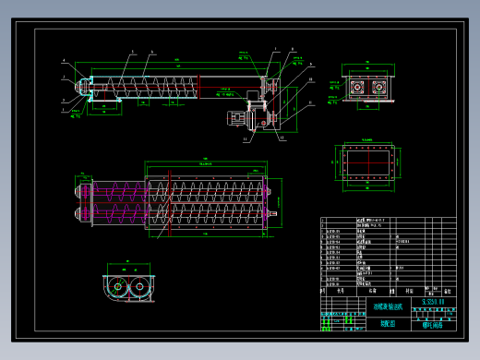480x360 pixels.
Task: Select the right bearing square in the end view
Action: (x=378, y=85)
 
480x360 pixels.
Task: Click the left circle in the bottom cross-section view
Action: (x=119, y=288)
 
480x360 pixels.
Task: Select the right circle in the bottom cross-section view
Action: (x=140, y=288)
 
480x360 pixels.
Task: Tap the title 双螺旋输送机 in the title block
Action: (x=387, y=306)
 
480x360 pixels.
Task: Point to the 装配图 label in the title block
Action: (x=387, y=323)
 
